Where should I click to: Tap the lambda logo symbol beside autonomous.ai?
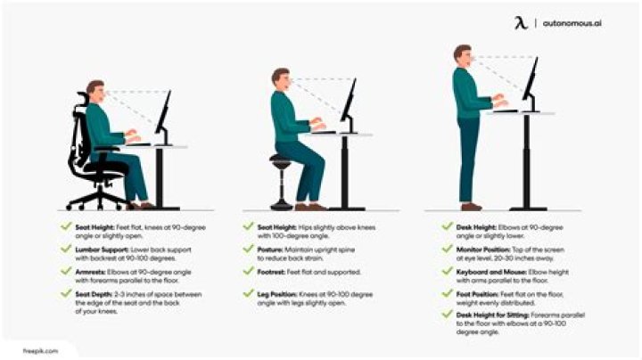click(x=521, y=21)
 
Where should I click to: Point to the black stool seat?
click(x=281, y=160)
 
